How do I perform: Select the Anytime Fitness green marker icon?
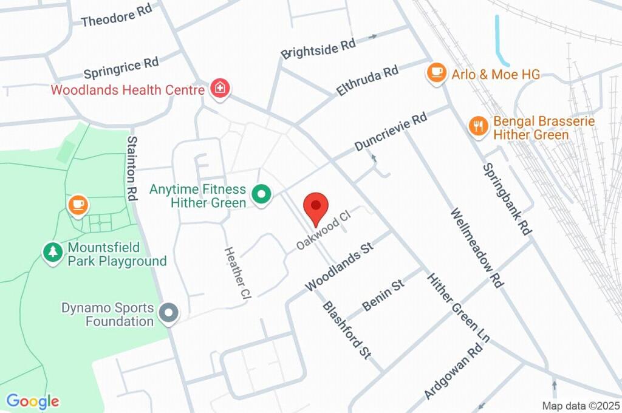[x=262, y=195]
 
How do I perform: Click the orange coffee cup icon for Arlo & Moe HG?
[x=436, y=73]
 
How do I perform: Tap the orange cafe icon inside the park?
[x=78, y=205]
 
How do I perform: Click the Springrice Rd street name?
[x=121, y=68]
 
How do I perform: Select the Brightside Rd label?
[x=318, y=49]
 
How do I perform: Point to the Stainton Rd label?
[x=132, y=169]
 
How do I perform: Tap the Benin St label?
[x=383, y=295]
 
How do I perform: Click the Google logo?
[x=33, y=401]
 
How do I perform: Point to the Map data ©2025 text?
[x=581, y=406]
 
